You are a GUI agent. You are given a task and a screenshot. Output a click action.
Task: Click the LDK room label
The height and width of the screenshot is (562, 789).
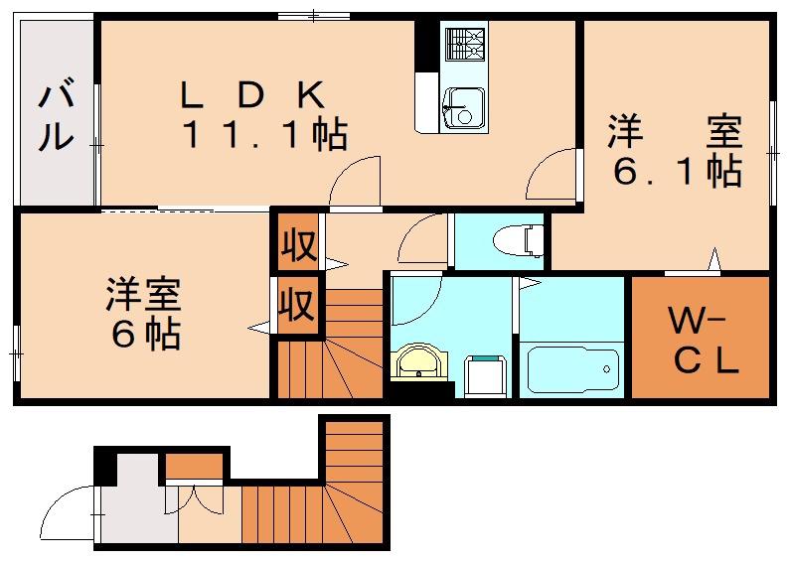252,96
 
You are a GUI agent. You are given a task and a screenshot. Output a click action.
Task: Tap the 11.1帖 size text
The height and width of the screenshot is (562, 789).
265,135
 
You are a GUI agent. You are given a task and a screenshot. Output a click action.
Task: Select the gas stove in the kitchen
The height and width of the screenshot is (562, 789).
464,44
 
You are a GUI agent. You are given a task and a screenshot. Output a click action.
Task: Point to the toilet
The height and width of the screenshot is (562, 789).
519,240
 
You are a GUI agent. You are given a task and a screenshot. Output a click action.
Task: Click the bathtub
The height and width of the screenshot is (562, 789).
572,371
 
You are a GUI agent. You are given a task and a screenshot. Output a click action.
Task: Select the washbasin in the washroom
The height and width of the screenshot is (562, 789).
418,360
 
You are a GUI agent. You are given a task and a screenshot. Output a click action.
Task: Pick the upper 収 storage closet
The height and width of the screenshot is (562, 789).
297,243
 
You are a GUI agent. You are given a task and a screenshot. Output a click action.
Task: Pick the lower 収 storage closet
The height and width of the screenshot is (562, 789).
297,304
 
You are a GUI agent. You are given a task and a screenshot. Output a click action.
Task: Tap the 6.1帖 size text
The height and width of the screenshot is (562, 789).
678,173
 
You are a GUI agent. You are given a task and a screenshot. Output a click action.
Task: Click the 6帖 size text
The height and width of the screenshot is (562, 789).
146,334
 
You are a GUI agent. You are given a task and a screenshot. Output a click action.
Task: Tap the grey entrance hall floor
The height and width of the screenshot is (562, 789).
137,502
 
